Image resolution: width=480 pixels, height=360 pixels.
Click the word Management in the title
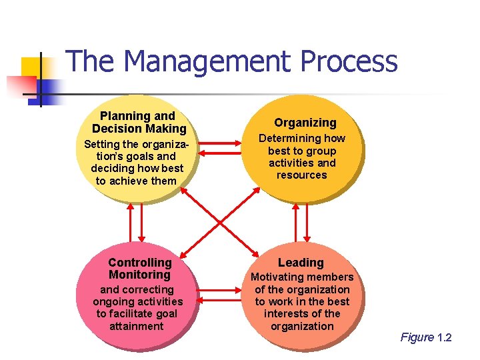point(207,61)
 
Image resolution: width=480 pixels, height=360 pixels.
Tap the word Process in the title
point(348,61)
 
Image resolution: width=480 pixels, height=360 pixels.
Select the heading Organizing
point(305,123)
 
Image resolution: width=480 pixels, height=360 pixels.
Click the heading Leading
point(301,263)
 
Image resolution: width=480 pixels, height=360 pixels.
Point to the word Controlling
point(140,263)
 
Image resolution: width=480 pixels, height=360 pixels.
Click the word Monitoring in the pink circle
point(139,275)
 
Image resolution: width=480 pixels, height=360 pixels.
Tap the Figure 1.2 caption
point(425,337)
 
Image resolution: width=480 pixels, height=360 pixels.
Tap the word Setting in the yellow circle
point(101,144)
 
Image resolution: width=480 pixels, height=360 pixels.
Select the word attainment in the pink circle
point(137,326)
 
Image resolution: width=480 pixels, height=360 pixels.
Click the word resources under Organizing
point(302,175)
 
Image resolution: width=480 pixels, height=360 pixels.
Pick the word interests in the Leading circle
point(285,313)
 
